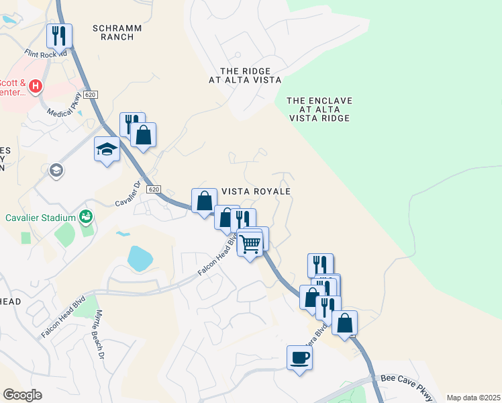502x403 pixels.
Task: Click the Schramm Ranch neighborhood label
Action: point(113,32)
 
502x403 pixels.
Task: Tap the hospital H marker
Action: point(36,87)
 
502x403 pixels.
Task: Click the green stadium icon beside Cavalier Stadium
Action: point(86,216)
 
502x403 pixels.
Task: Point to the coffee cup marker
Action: point(299,357)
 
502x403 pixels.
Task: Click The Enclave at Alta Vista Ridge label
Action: point(319,109)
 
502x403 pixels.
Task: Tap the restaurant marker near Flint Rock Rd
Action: point(59,35)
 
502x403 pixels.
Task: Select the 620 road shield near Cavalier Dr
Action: point(154,189)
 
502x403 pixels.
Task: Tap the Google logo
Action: point(22,395)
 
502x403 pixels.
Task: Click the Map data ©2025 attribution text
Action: point(473,398)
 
